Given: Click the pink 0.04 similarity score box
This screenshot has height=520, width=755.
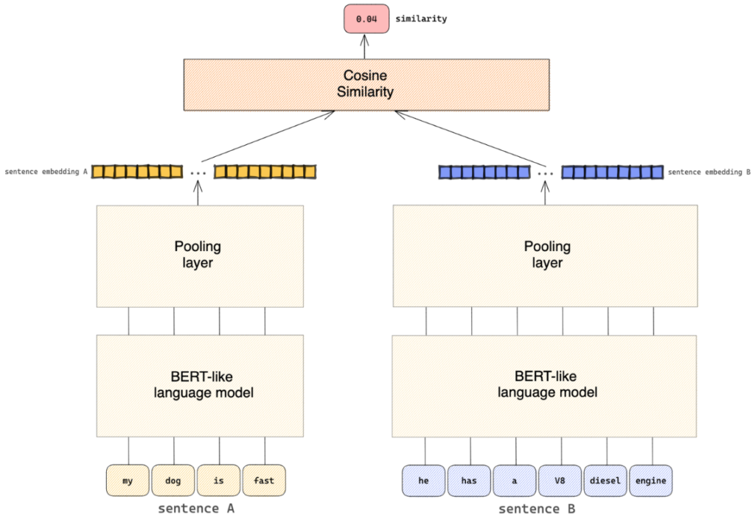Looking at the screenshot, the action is click(366, 18).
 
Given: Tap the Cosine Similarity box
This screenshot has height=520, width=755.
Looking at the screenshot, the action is click(366, 85).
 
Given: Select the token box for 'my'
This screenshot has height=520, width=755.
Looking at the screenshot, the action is click(128, 480).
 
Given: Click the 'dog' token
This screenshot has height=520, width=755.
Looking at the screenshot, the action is click(173, 480).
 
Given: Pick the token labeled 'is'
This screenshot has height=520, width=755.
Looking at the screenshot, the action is click(218, 480).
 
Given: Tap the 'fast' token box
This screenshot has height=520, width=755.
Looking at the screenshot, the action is click(264, 480).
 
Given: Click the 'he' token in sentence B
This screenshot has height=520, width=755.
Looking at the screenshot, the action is click(424, 480).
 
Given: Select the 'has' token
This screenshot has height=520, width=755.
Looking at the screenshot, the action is click(469, 480).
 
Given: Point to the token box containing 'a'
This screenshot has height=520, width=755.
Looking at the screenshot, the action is click(514, 480).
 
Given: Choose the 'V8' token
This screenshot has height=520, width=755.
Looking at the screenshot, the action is click(560, 480).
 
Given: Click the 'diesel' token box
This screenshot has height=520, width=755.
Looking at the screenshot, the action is click(605, 480).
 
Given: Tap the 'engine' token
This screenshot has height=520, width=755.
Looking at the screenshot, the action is click(651, 480).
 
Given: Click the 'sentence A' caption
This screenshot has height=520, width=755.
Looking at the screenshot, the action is click(196, 508).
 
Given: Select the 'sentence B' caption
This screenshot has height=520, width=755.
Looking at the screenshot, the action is click(537, 509).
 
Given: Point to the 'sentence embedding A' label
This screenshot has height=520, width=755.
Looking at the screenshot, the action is click(46, 172).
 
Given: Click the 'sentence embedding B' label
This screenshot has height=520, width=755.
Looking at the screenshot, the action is click(709, 172).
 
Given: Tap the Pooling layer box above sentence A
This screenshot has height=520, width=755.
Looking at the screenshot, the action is click(200, 256).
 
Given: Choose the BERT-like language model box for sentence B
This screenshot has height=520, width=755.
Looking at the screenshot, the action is click(544, 386).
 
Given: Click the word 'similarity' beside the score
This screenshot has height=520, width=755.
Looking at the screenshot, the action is click(421, 18).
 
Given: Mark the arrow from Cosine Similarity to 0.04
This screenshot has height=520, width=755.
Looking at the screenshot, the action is click(365, 46).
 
